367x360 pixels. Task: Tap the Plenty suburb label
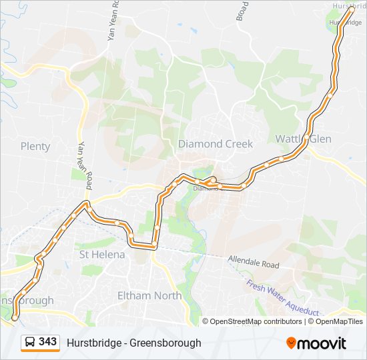35,146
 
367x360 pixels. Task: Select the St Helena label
102,255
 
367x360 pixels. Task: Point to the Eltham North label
149,295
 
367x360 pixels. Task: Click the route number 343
47,342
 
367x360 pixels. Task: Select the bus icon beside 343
31,343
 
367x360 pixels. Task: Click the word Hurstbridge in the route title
93,343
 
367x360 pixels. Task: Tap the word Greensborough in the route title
165,343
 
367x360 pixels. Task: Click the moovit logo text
322,343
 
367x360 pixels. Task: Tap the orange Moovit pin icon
292,343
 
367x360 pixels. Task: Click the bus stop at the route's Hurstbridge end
351,9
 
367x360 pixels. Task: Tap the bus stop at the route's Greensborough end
14,318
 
